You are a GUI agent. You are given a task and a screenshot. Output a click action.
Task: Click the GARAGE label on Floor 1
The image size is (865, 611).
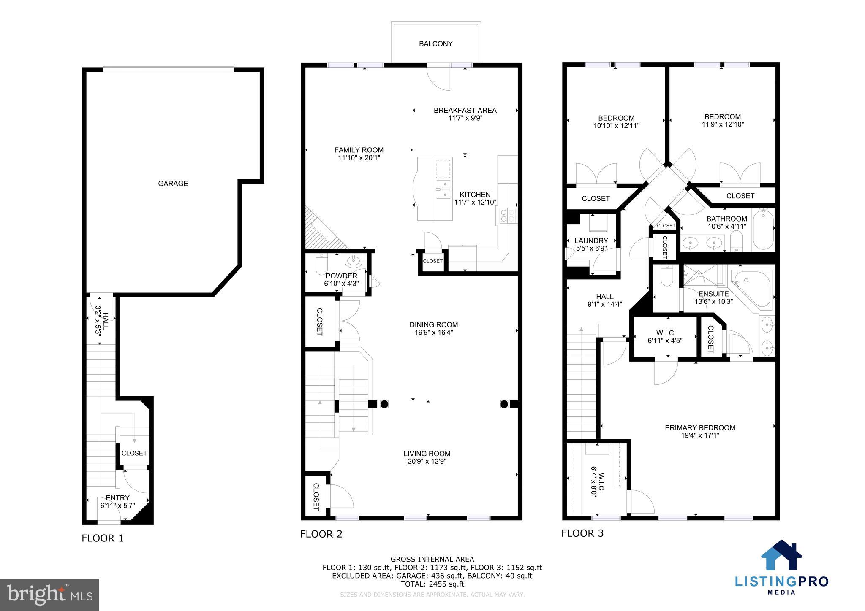[x=173, y=184]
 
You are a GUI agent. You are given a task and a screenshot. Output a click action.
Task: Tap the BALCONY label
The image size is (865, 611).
[x=435, y=44]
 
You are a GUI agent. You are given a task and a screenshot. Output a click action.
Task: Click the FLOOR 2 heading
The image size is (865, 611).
[x=321, y=534]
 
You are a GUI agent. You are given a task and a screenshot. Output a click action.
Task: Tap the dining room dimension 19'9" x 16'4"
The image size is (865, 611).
[x=433, y=333]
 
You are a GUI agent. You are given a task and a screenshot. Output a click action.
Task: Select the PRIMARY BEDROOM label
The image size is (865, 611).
[x=700, y=427]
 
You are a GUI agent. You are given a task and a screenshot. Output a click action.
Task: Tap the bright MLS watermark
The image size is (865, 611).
[x=49, y=595]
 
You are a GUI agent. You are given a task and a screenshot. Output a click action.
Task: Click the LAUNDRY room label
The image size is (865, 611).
[x=591, y=241]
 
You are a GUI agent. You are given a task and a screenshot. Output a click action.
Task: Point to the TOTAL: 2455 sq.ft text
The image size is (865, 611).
[x=432, y=584]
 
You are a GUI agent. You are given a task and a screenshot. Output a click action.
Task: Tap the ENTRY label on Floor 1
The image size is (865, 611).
[x=117, y=498]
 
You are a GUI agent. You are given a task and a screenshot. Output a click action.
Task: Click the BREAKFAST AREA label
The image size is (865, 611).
[x=465, y=111]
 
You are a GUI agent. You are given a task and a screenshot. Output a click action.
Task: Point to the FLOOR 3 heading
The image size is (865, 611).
[x=582, y=533]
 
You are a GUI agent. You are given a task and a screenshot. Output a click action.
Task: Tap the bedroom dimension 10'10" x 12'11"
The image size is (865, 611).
[x=616, y=126]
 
